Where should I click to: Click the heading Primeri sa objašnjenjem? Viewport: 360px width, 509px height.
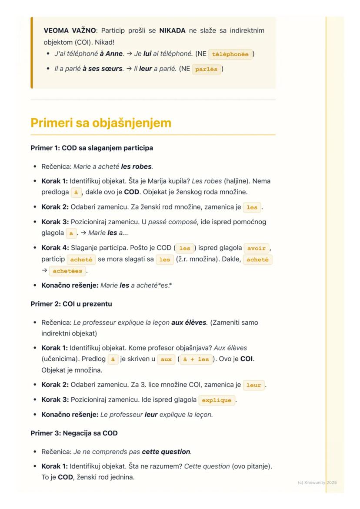[x=101, y=123]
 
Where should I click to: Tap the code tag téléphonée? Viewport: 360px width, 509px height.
[x=230, y=54]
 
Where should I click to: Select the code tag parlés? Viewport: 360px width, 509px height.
[x=206, y=69]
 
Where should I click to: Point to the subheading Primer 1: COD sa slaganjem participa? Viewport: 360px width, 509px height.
[x=92, y=148]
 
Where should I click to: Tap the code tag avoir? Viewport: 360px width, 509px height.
[x=257, y=248]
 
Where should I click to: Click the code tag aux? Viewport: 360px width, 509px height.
[x=166, y=359]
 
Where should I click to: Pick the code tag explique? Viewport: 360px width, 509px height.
[x=217, y=400]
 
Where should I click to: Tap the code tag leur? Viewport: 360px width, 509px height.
[x=253, y=385]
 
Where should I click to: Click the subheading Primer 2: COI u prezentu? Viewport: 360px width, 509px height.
[x=71, y=304]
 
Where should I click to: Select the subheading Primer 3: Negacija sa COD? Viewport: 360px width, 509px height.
[x=74, y=433]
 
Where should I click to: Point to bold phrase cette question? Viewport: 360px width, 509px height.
[x=167, y=452]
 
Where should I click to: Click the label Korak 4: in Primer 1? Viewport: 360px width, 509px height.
[x=55, y=248]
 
